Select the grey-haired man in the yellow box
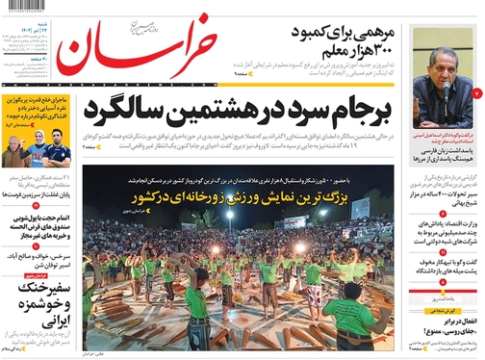pos(15,153)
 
